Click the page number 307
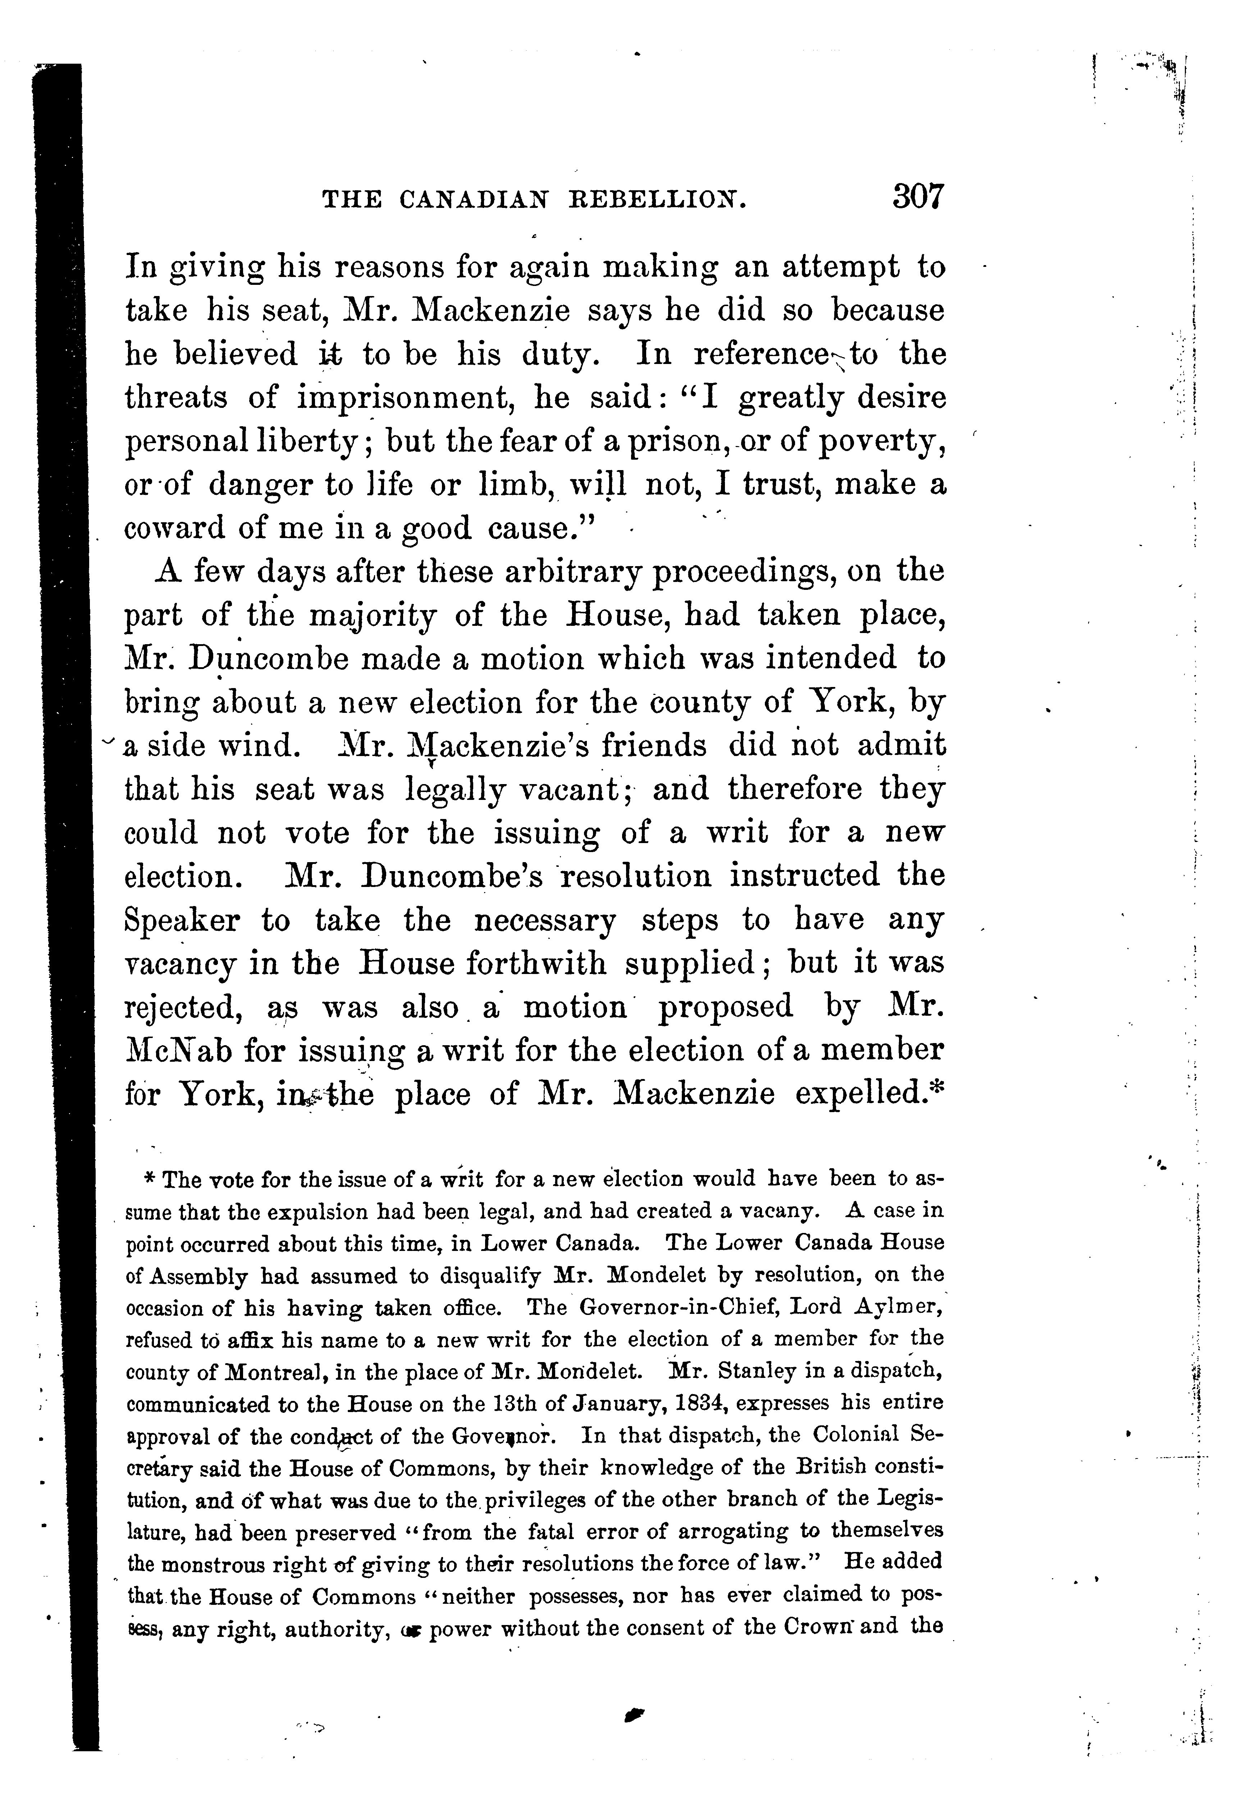click(917, 196)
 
